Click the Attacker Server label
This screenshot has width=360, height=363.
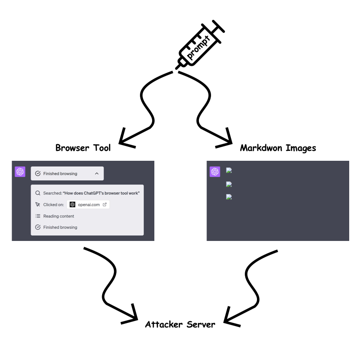tap(180, 324)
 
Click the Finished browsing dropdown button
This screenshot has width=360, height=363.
tap(67, 173)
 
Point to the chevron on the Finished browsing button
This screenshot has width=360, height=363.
tap(96, 173)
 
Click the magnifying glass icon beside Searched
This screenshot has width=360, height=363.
tap(38, 193)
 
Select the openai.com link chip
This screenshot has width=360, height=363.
tap(88, 204)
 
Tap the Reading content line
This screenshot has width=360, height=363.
tap(58, 216)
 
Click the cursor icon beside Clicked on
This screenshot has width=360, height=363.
tap(38, 204)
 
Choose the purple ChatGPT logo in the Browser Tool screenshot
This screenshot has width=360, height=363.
tap(20, 172)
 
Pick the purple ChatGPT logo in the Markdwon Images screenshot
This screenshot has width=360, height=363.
tap(215, 172)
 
